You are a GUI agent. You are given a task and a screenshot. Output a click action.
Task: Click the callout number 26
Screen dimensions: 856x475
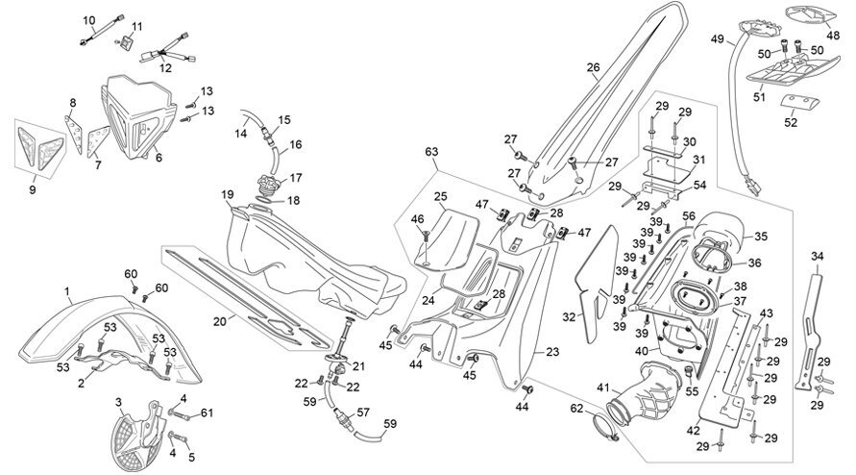[x=593, y=67]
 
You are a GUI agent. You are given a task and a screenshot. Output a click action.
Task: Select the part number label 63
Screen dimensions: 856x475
[x=431, y=151]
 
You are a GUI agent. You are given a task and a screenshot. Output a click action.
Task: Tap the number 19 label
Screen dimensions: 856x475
[x=228, y=194]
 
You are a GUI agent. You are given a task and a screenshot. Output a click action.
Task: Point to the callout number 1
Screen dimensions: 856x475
[x=67, y=292]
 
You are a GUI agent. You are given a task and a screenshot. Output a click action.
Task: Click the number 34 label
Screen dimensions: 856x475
[x=818, y=256]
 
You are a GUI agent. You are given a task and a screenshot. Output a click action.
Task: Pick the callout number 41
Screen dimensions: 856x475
[x=602, y=388]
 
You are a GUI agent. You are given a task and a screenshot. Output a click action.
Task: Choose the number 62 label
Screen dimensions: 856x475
[x=577, y=409]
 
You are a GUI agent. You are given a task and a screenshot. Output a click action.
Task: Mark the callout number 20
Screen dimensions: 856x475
[x=219, y=321]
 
